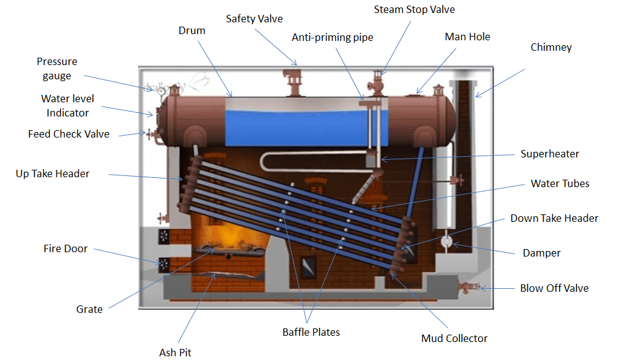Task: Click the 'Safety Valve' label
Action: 254,19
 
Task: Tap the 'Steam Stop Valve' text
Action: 414,9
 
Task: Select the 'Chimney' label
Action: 551,48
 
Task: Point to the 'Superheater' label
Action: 550,154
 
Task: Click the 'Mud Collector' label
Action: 454,338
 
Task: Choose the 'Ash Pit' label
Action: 175,353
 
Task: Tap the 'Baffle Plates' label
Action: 311,333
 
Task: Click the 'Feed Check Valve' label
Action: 69,134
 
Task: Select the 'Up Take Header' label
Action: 53,174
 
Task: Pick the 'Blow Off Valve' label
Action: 554,289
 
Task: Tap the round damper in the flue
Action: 446,241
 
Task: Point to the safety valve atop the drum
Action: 294,82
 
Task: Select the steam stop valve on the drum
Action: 376,83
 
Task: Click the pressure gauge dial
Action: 162,91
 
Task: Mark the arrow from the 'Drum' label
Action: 215,69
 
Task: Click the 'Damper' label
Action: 541,253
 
